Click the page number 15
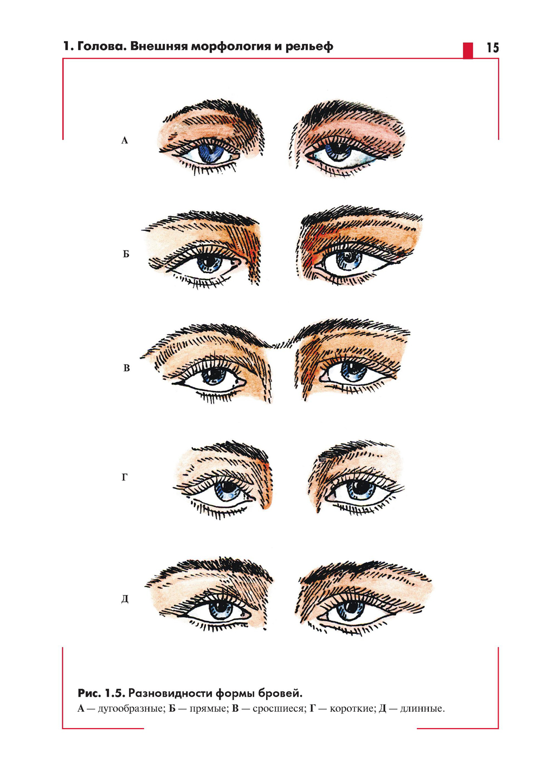pyautogui.click(x=493, y=47)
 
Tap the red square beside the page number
pyautogui.click(x=468, y=50)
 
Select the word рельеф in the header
pyautogui.click(x=309, y=47)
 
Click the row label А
pyautogui.click(x=125, y=140)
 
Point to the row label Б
pyautogui.click(x=126, y=254)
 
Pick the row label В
pyautogui.click(x=126, y=368)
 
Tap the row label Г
pyautogui.click(x=125, y=477)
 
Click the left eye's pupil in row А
pyautogui.click(x=211, y=151)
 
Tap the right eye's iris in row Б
pyautogui.click(x=349, y=260)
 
